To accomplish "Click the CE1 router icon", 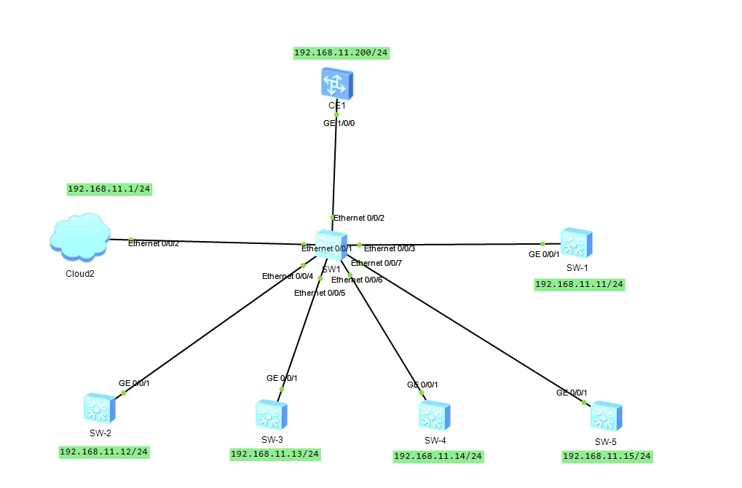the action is tap(337, 83).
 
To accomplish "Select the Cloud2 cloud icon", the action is tap(80, 237).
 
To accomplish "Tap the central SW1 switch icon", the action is tap(331, 245).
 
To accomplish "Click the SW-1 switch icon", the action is tap(577, 243).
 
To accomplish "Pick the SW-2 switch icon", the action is tap(99, 408).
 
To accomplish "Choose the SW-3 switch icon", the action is tap(271, 414).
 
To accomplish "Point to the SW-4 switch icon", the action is tap(435, 416).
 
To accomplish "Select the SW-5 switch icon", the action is tap(606, 416).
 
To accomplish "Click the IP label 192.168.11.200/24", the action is tap(342, 52).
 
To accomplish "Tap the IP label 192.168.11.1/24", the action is tap(109, 189).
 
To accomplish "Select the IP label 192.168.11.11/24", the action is tap(579, 285).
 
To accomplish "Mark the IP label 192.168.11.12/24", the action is tap(104, 452).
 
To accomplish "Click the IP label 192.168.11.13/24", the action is tap(275, 454).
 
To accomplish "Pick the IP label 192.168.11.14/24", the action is tap(438, 456).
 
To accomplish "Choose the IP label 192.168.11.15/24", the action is tap(607, 456).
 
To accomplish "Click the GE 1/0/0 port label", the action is tap(339, 123).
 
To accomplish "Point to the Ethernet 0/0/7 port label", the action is tap(376, 263).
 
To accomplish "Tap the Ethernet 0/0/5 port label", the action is tap(320, 293).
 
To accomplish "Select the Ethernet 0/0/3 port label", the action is tap(390, 248).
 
